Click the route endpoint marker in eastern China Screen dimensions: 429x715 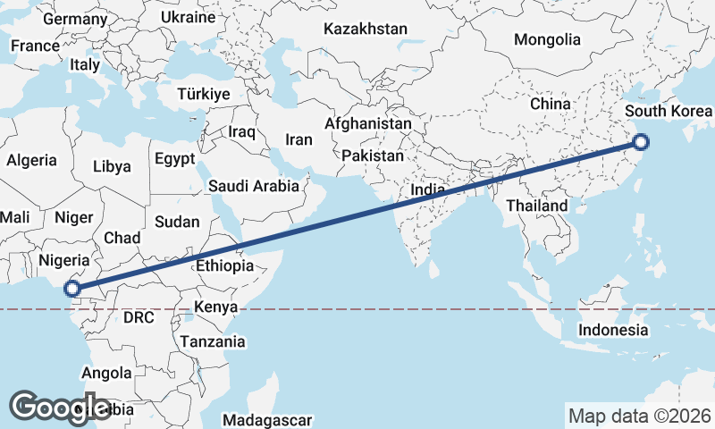(641, 142)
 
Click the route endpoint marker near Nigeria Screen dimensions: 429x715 (72, 289)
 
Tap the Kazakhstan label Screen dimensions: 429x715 (365, 29)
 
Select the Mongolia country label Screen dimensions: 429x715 (547, 39)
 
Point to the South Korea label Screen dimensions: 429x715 (669, 112)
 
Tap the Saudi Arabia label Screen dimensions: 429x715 (253, 187)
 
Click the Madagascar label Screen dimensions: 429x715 (267, 420)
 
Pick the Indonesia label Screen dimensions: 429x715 (613, 330)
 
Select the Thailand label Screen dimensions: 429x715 (536, 206)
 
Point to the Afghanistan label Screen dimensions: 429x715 (368, 124)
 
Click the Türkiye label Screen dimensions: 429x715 (204, 94)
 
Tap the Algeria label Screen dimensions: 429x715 (31, 161)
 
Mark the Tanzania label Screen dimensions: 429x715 (213, 341)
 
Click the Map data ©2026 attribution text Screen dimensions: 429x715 (639, 416)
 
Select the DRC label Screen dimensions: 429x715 (139, 317)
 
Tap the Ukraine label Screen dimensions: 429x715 (189, 17)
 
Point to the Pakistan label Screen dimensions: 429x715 (373, 155)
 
